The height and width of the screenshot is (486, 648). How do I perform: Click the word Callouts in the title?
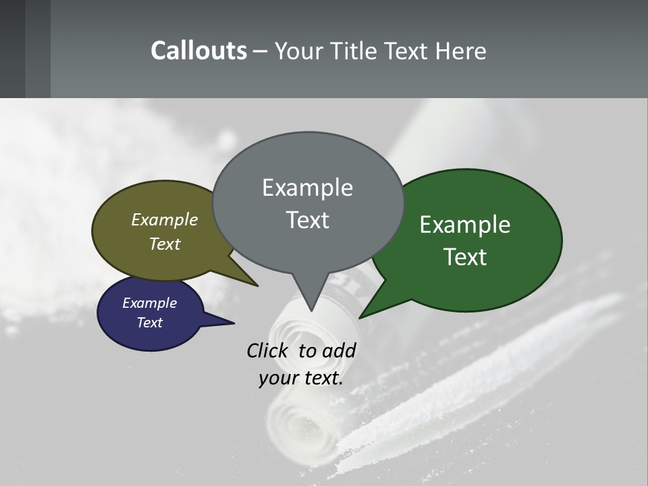pos(198,51)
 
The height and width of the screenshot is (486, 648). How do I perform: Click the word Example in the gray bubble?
pos(307,188)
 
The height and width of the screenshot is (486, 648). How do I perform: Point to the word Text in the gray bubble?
pos(307,220)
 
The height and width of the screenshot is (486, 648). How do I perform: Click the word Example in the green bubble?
pos(465,225)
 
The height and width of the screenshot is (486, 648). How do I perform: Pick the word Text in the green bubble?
pos(465,257)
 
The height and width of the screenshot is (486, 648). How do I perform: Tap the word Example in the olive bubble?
pos(164,219)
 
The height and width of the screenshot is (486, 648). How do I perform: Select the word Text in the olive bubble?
pos(164,244)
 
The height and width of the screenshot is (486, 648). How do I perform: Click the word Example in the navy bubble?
pos(149,303)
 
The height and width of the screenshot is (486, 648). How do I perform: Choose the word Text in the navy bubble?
pos(149,323)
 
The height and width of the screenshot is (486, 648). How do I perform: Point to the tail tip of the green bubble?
pos(360,317)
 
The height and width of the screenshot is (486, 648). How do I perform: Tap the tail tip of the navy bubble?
pos(234,323)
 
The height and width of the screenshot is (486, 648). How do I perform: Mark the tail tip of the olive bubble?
pos(257,286)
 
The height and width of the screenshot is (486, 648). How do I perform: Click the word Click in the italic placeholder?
pos(268,350)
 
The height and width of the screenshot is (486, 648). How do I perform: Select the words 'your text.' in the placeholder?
pos(301,378)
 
